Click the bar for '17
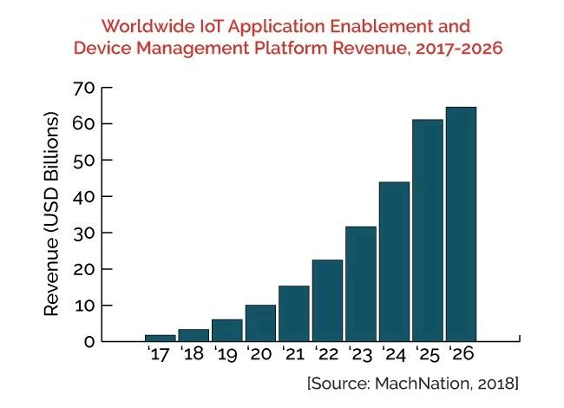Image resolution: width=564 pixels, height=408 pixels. (160, 337)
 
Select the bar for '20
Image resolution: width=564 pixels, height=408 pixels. (260, 322)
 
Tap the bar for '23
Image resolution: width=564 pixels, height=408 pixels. (360, 283)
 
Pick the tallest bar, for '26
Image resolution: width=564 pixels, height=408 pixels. (461, 224)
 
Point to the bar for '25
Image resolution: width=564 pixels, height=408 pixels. (427, 230)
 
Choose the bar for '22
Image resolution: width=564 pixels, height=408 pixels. (327, 299)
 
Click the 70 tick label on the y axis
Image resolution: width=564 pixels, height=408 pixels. (83, 88)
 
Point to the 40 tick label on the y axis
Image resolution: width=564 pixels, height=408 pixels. (83, 196)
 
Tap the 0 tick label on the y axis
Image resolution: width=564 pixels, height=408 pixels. (89, 341)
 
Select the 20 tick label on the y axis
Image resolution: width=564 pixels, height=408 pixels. (83, 269)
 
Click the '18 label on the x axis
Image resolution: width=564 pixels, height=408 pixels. (193, 355)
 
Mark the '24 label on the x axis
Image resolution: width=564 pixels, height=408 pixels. (393, 355)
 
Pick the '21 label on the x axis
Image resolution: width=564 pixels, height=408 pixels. (293, 355)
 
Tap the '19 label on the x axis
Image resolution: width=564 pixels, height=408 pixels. (226, 355)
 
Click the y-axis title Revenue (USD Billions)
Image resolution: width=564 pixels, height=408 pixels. (51, 214)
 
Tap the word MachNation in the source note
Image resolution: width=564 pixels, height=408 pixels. (416, 383)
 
